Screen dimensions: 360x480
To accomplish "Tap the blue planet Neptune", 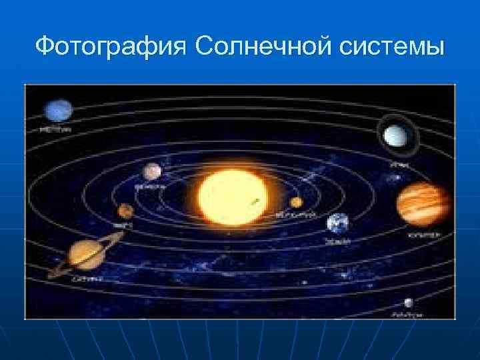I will [x=59, y=111].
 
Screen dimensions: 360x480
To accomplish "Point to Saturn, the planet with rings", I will [x=85, y=253].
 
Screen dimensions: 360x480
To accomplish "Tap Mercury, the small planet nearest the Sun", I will [x=296, y=203].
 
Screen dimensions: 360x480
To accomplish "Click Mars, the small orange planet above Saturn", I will [x=124, y=211].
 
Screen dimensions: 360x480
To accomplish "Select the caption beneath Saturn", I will [x=87, y=278].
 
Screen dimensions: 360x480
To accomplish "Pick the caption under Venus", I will [x=151, y=187].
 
